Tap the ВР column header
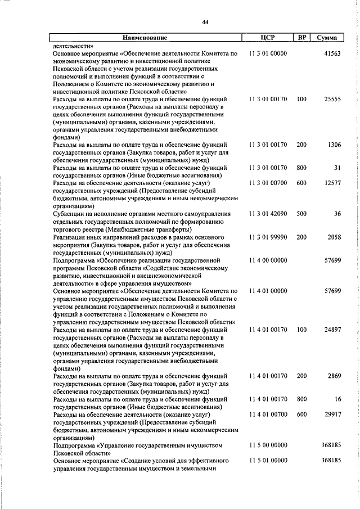coord(301,38)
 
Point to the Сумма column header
coord(327,38)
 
